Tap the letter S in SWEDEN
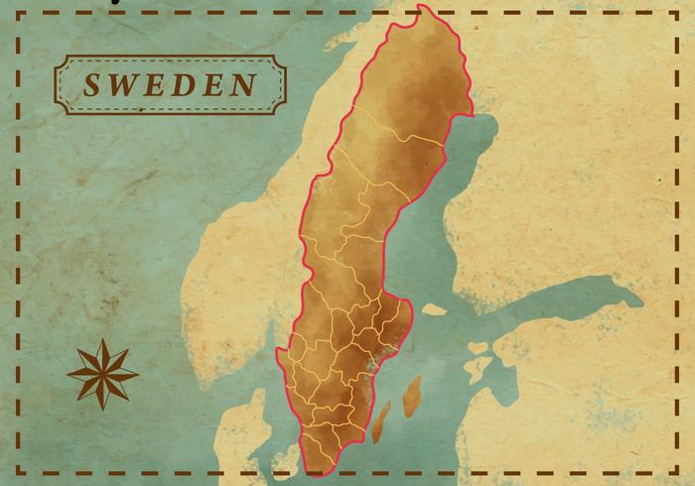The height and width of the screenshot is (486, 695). point(91,84)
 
